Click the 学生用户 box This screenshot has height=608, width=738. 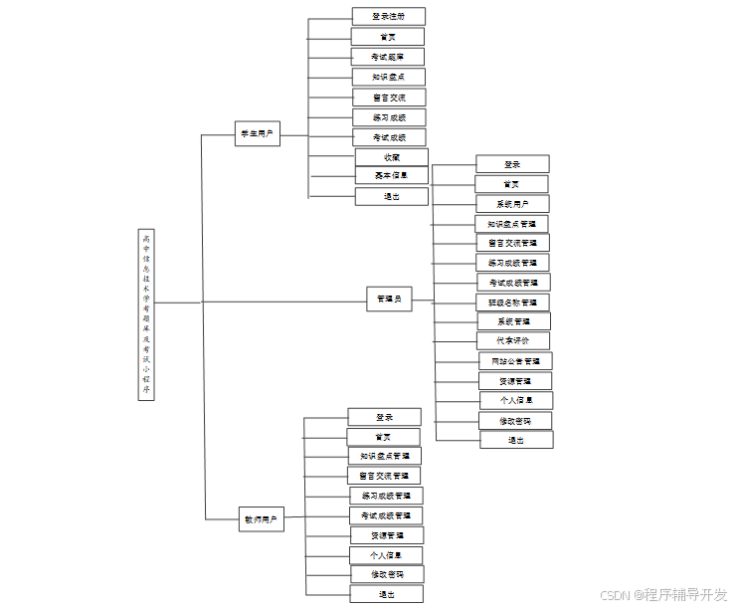(x=258, y=134)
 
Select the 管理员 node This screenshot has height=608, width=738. (x=389, y=299)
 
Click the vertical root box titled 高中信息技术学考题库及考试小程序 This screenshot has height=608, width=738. (x=147, y=314)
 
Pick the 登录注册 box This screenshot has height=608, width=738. (x=388, y=17)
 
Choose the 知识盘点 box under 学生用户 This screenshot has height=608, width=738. (x=388, y=77)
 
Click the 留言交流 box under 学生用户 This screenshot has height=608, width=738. (x=388, y=98)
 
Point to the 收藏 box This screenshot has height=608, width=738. (x=392, y=157)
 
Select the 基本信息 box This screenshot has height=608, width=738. (x=391, y=176)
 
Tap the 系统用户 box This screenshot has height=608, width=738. (x=511, y=204)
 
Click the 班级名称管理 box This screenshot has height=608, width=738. (x=512, y=303)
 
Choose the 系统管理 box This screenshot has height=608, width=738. (x=512, y=321)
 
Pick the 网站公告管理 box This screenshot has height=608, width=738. (x=515, y=361)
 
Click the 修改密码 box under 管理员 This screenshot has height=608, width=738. (x=515, y=421)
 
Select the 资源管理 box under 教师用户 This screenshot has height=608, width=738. (x=386, y=535)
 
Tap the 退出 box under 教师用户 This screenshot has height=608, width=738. (x=386, y=594)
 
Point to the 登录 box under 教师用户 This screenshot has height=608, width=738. (x=384, y=417)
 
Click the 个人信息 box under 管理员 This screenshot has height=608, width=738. (x=515, y=400)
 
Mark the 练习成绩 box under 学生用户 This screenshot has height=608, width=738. (x=388, y=117)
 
